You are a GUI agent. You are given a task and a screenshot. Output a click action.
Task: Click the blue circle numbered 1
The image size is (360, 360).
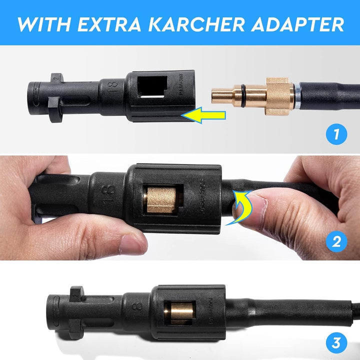tap(336, 133)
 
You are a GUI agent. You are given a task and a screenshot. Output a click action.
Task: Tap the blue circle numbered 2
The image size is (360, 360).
tap(336, 242)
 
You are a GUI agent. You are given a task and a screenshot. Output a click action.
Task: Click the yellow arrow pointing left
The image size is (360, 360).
tap(203, 116)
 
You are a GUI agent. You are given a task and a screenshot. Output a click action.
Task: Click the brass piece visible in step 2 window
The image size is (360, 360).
tap(157, 199)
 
